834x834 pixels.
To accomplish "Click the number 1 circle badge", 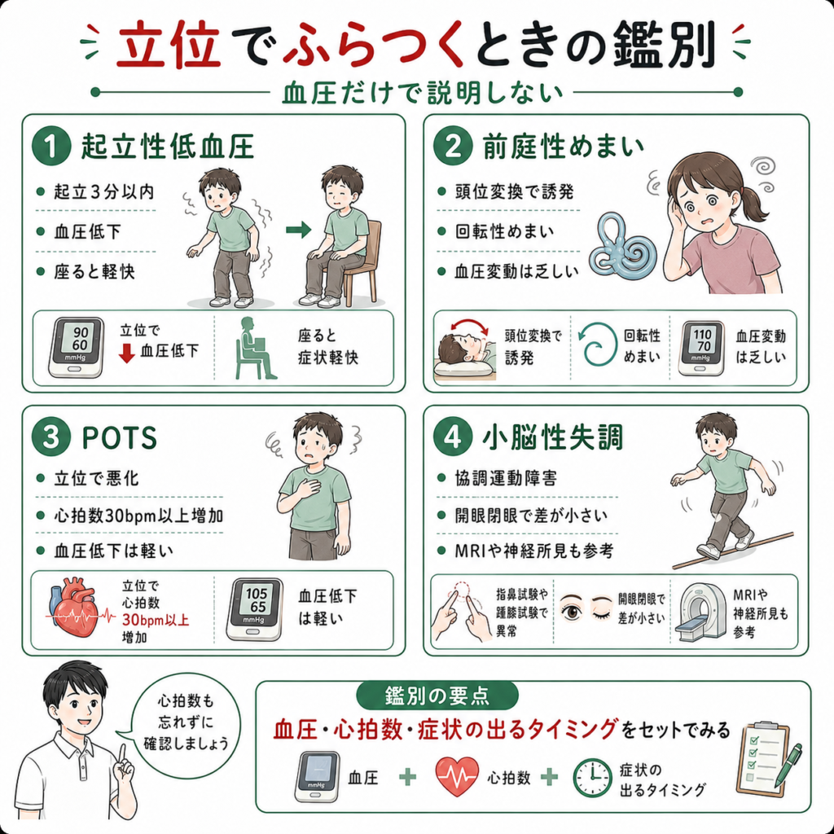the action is [51, 146].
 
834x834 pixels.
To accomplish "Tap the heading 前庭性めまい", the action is [564, 147].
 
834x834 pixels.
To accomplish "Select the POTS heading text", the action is [120, 438].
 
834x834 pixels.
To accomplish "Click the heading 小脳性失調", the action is [552, 438].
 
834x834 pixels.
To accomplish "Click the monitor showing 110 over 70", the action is [702, 348].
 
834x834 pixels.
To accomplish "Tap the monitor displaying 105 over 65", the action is [255, 609].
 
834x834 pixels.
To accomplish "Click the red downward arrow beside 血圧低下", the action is [126, 353].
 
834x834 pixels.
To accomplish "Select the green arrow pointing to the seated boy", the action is [298, 230].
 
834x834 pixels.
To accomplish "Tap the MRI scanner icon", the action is [700, 611].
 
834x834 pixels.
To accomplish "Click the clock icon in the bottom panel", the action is [592, 778].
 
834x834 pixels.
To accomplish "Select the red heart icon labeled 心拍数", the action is [456, 776].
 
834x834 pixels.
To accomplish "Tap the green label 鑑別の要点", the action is [437, 696].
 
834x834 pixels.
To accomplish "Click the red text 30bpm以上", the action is [156, 620].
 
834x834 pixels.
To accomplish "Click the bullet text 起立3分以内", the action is [104, 191].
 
